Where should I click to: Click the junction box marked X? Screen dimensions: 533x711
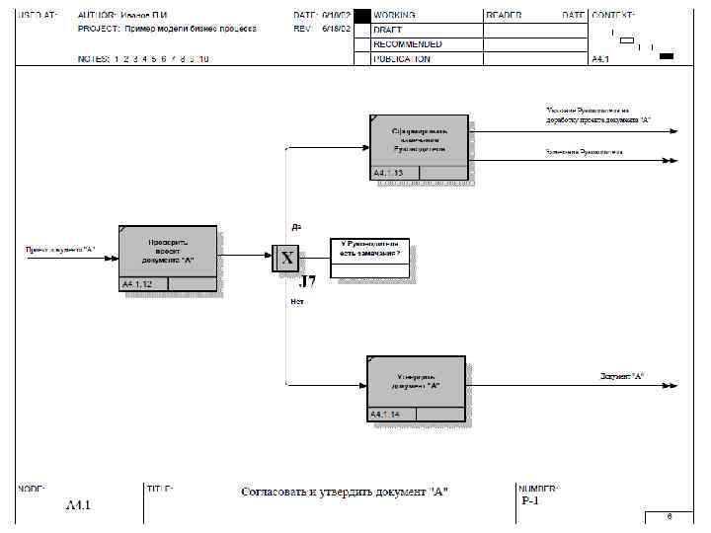tap(285, 259)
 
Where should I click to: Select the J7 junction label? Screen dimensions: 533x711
tap(307, 281)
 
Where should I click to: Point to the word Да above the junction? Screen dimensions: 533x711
tap(296, 226)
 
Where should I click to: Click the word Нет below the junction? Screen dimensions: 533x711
tap(297, 301)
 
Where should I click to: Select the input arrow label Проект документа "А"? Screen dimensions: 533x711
tap(60, 248)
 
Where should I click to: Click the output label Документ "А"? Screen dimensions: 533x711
tap(622, 376)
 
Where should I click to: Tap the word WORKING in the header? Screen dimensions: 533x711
tap(394, 16)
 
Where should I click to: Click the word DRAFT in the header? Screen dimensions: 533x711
tap(387, 30)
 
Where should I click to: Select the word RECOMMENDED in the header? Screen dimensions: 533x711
tap(407, 44)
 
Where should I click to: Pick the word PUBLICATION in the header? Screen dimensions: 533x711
tap(402, 58)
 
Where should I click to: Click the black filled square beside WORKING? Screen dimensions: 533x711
tap(361, 16)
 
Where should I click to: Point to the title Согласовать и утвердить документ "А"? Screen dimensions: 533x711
tap(345, 492)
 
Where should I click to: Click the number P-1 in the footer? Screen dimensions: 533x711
tap(530, 500)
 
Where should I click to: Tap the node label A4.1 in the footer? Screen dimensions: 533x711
tap(78, 505)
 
